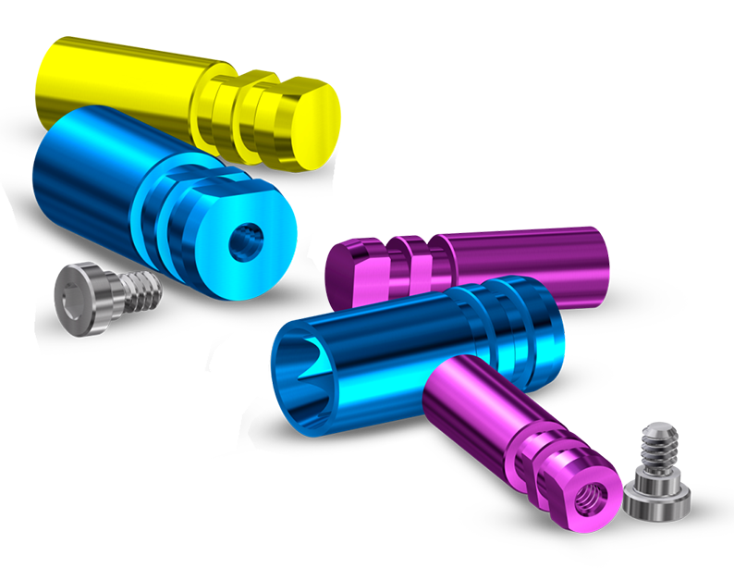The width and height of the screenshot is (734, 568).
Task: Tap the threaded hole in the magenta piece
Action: tap(588, 497)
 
